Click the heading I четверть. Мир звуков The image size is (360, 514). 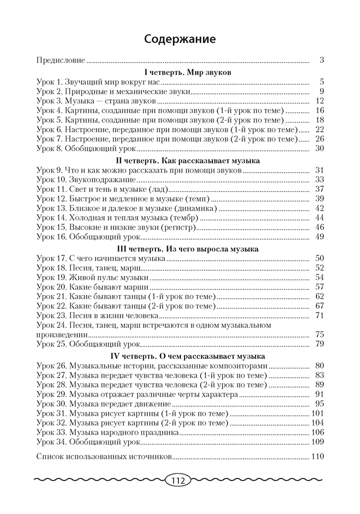(x=180, y=72)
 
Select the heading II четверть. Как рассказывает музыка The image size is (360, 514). (x=180, y=160)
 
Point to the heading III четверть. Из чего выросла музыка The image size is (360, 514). (x=180, y=249)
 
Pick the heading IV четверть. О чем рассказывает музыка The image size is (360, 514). (x=180, y=356)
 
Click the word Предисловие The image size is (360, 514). (x=61, y=60)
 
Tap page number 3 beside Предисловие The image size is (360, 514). (x=321, y=60)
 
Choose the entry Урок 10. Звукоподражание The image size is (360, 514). (x=86, y=179)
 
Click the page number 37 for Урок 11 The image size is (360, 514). (x=318, y=189)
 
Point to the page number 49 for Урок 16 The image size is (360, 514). (x=318, y=236)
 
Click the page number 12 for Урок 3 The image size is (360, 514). (x=318, y=101)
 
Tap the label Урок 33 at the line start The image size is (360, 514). (x=51, y=433)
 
